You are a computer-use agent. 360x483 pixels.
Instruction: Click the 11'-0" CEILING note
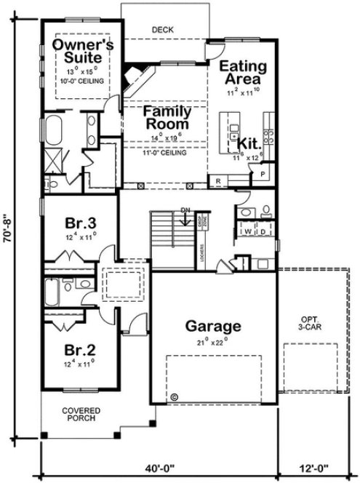[167, 153]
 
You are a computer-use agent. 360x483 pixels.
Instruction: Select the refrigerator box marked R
[217, 180]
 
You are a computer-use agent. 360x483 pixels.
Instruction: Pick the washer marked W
[247, 233]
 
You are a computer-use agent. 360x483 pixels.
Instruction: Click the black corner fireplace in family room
[132, 73]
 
